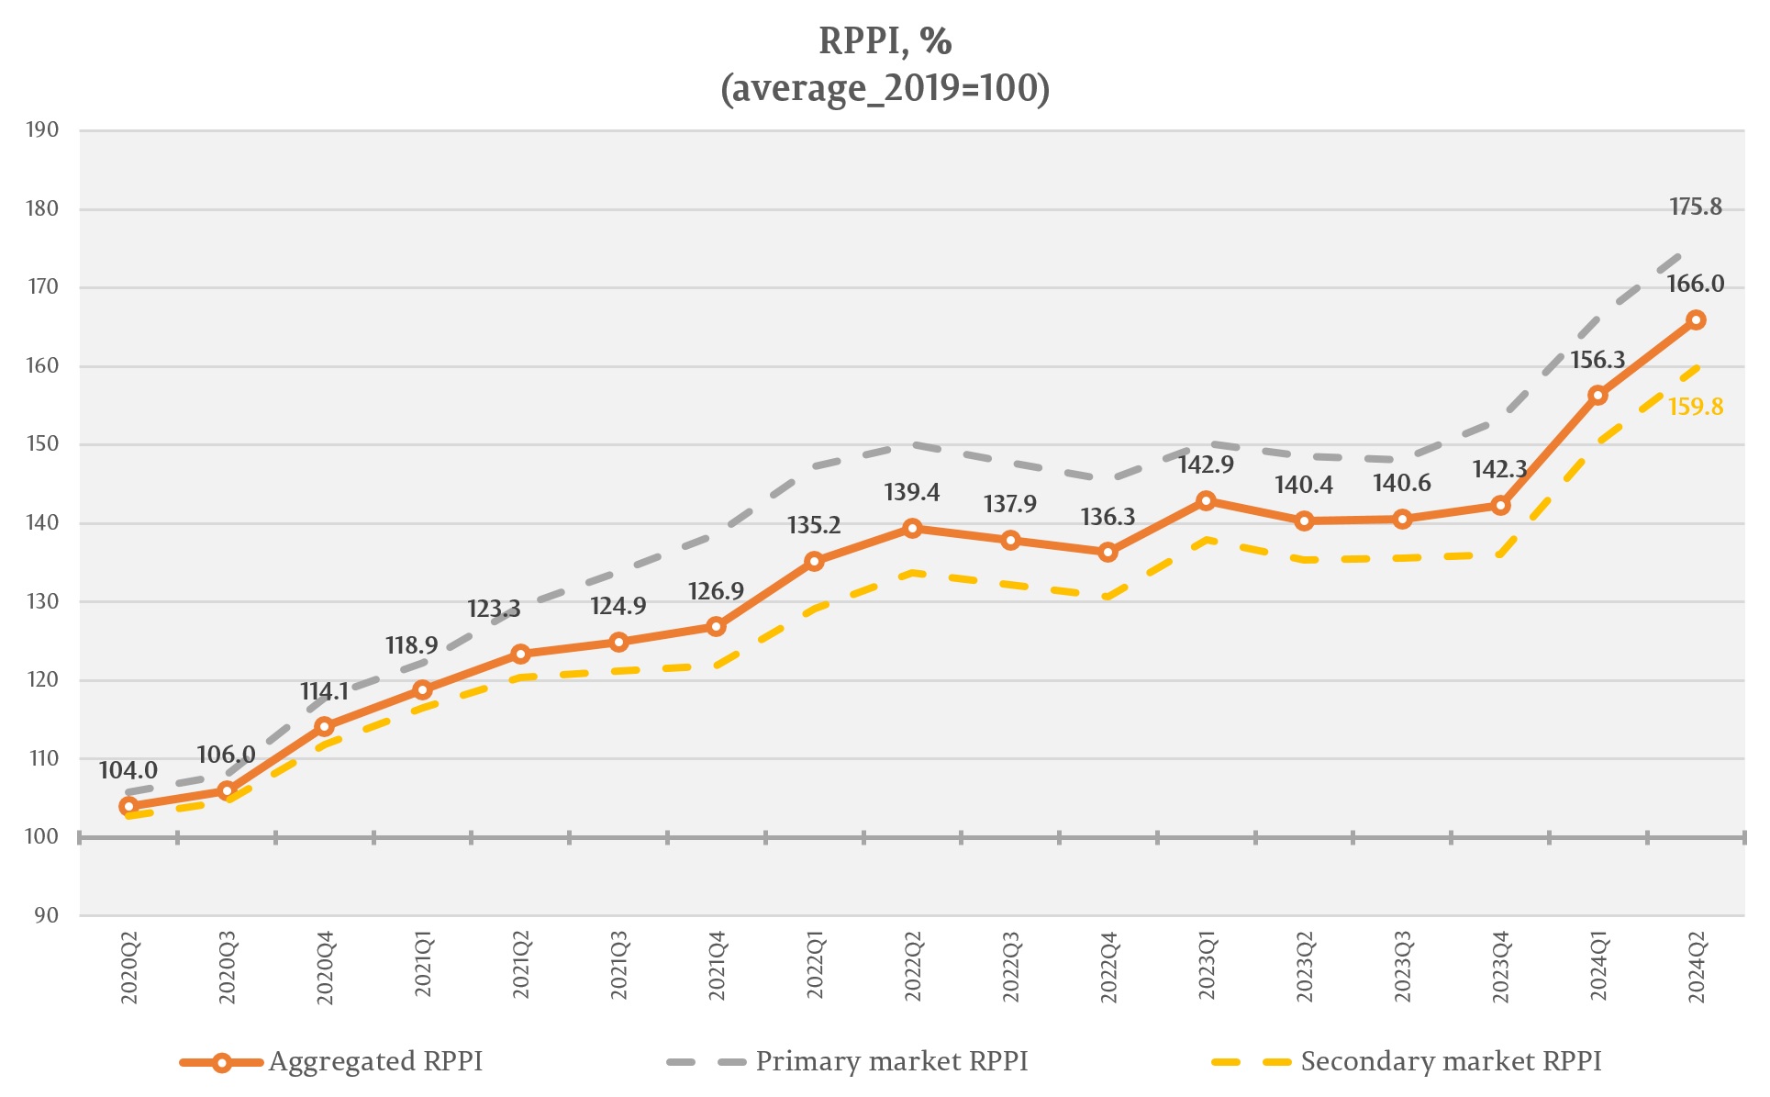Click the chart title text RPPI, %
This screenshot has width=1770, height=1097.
(885, 41)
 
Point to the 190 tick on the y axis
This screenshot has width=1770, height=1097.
(42, 129)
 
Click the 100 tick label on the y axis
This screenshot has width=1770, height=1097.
(42, 836)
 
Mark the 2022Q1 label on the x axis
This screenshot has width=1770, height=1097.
(815, 966)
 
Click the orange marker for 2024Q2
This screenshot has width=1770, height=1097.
(1696, 319)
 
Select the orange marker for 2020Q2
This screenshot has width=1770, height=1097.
(128, 806)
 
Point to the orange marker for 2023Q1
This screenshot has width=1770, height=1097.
(1206, 500)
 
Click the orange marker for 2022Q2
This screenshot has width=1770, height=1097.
(912, 528)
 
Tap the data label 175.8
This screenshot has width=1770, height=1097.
(1695, 207)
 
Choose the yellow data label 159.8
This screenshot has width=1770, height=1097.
(1695, 407)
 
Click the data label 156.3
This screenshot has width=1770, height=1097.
(1597, 360)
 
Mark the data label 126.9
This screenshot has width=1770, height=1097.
(716, 591)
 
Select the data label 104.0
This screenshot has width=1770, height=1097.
(128, 770)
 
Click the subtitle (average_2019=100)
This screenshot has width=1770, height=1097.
(885, 89)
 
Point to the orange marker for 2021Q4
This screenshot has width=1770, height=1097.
(716, 626)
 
